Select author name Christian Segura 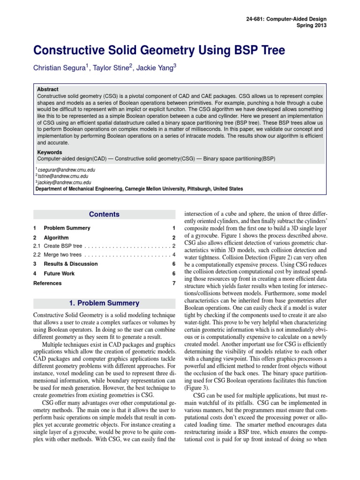[x=59, y=68]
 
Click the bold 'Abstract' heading [x=47, y=89]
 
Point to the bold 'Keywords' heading [x=49, y=152]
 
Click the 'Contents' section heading [x=104, y=214]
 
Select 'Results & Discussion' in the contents [x=70, y=264]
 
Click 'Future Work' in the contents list [x=59, y=273]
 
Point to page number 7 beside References [x=173, y=283]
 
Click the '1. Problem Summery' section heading [x=104, y=303]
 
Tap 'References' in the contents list [x=47, y=283]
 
